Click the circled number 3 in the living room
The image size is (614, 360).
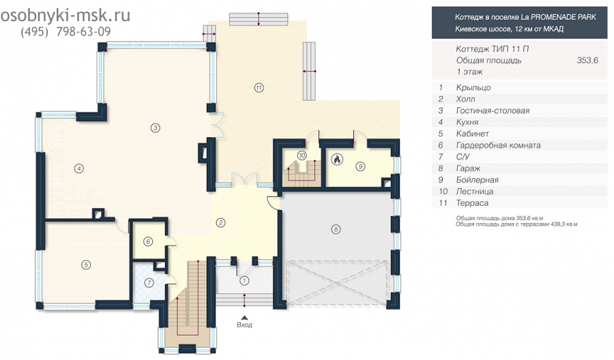(156, 127)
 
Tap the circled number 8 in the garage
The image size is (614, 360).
(336, 229)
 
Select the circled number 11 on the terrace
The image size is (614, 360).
(259, 88)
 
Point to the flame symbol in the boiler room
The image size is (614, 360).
(337, 160)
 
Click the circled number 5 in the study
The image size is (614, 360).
(86, 265)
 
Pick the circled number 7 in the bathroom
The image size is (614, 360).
(149, 283)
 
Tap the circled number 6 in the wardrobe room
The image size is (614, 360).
(148, 241)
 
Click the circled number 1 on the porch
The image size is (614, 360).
(244, 280)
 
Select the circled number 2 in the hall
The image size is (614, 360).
(221, 223)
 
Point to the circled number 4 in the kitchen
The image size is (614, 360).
(79, 168)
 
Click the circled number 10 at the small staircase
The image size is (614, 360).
(302, 155)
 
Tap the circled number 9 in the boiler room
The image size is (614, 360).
(360, 166)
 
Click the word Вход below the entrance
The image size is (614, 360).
(244, 325)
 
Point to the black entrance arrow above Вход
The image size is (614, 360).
(244, 318)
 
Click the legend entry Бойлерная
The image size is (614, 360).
(477, 180)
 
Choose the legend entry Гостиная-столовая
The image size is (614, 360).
(493, 110)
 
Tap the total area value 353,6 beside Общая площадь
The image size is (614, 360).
(587, 60)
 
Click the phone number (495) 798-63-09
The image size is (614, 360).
(65, 31)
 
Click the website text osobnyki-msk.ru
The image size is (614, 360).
(65, 16)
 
